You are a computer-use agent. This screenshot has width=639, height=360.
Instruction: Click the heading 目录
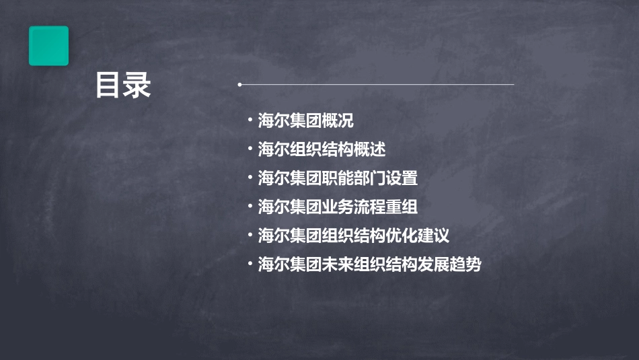click(123, 86)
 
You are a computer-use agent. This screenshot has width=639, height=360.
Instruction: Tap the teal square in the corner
click(48, 46)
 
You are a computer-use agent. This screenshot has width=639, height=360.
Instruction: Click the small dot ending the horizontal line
click(239, 85)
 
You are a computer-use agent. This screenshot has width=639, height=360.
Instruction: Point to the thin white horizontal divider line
click(377, 85)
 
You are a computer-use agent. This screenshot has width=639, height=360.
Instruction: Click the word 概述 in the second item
click(370, 149)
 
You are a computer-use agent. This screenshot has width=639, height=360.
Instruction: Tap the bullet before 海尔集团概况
click(250, 120)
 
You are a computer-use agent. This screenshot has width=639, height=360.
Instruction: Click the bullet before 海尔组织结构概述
click(250, 149)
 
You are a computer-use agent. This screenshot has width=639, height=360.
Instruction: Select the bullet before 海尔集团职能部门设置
click(250, 178)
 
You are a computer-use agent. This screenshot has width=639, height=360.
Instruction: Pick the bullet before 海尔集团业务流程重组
click(250, 207)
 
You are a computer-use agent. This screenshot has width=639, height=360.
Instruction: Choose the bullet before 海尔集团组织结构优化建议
click(250, 236)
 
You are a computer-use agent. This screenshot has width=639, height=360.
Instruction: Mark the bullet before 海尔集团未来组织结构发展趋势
click(250, 264)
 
